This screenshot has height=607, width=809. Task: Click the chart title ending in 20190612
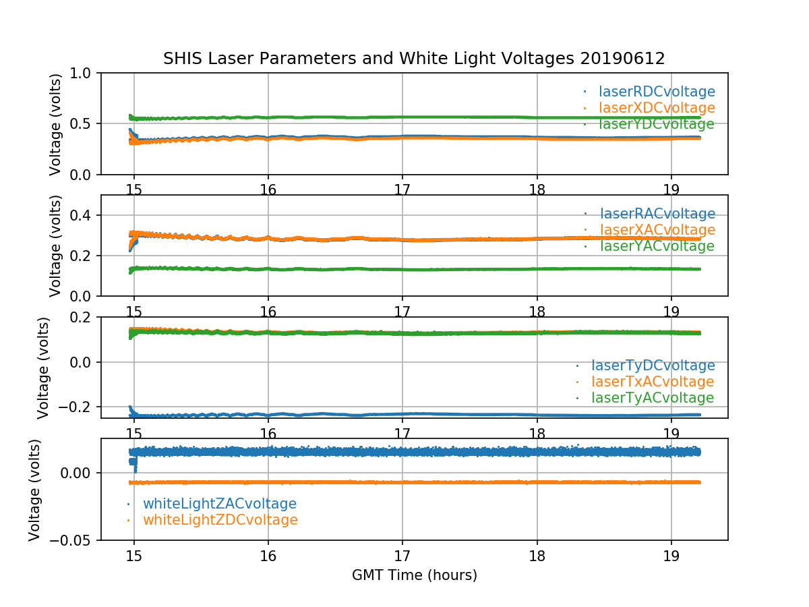pyautogui.click(x=414, y=59)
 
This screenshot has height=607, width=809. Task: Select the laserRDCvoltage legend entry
pyautogui.click(x=657, y=92)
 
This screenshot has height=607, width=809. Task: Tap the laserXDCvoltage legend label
pyautogui.click(x=657, y=108)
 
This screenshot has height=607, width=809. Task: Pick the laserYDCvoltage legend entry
pyautogui.click(x=656, y=124)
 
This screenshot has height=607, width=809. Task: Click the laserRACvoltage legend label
pyautogui.click(x=657, y=214)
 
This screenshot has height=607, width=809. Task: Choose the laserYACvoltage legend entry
pyautogui.click(x=657, y=246)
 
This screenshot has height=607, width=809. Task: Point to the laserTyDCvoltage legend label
pyautogui.click(x=653, y=366)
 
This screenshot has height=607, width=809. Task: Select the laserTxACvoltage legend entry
pyautogui.click(x=653, y=382)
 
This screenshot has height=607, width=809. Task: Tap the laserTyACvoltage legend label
pyautogui.click(x=652, y=398)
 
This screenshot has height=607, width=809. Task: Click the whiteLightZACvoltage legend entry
pyautogui.click(x=219, y=504)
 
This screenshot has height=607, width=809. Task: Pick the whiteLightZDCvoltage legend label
pyautogui.click(x=220, y=520)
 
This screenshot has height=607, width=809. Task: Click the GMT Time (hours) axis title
pyautogui.click(x=414, y=575)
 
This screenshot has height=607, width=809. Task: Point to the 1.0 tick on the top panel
pyautogui.click(x=85, y=73)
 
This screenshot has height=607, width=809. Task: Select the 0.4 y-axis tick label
pyautogui.click(x=85, y=215)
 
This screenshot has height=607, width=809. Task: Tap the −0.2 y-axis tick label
pyautogui.click(x=80, y=407)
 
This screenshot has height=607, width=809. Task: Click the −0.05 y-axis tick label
pyautogui.click(x=76, y=540)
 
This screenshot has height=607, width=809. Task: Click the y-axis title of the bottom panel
pyautogui.click(x=34, y=490)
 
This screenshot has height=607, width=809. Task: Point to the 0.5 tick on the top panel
pyautogui.click(x=85, y=124)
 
